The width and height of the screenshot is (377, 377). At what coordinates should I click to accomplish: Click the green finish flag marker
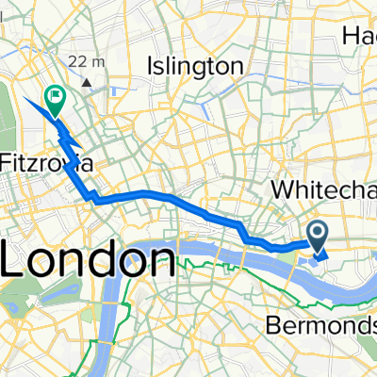pos(57,95)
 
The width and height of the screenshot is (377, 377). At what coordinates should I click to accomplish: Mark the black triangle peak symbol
pos(87,82)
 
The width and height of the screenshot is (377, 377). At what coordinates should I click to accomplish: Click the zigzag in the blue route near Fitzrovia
pos(67,141)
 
